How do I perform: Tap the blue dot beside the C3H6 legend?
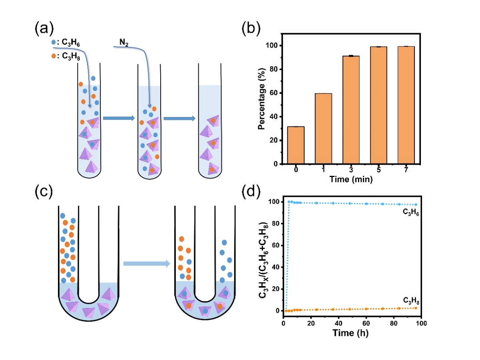54,42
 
